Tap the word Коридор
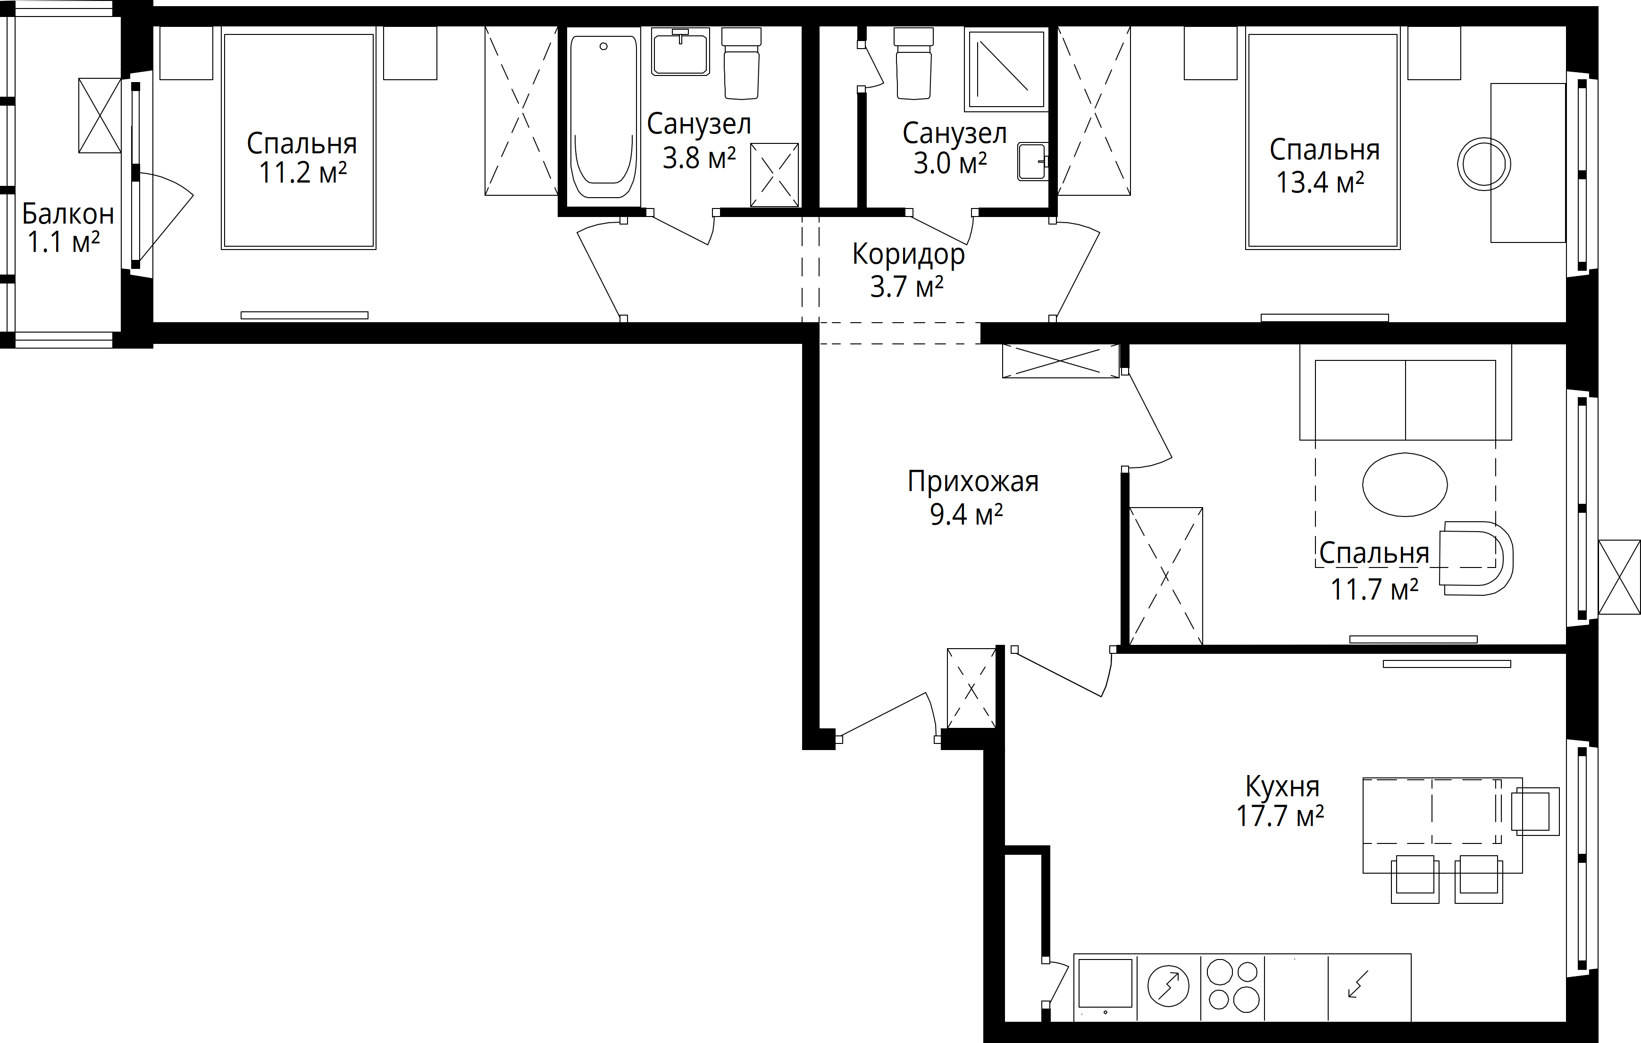point(908,255)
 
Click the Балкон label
point(67,214)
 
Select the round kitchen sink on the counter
point(1168,986)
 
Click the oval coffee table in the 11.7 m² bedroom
point(1405,485)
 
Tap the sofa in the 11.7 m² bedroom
point(1405,392)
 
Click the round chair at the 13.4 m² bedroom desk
point(1483,164)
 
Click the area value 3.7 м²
point(906,287)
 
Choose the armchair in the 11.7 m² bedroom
point(1475,559)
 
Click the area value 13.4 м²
point(1320,182)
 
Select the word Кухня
point(1282,786)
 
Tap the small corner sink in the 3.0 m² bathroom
point(1032,161)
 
